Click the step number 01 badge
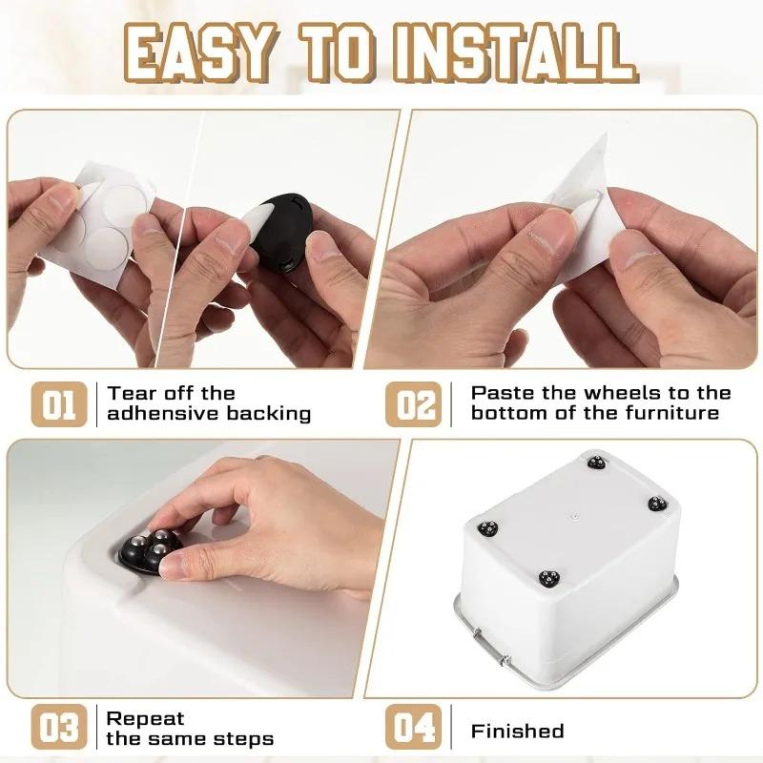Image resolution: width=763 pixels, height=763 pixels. pos(59,403)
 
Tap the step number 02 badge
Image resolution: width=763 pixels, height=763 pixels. pos(417,403)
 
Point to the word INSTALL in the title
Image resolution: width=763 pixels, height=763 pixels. pos(521,52)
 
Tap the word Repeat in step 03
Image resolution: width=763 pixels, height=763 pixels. pos(145,718)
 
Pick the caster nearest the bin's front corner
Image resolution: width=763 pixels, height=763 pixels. pos(549,578)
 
